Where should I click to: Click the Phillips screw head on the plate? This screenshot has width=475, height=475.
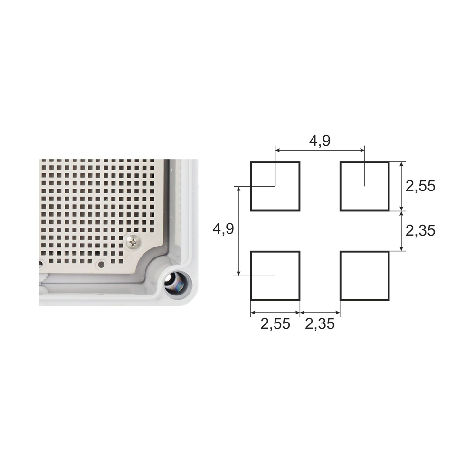tap(134, 243)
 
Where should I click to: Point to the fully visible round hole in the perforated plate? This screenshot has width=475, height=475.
tap(100, 264)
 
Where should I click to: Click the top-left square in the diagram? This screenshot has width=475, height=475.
tap(275, 186)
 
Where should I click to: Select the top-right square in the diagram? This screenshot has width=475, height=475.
tap(364, 186)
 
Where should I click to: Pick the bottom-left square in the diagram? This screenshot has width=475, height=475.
tap(275, 275)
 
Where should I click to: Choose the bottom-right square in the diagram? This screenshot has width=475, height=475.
tap(364, 275)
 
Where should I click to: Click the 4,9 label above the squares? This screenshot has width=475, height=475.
tap(320, 141)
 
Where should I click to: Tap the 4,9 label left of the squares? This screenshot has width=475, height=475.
tap(223, 229)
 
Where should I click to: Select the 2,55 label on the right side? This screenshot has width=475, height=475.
tap(420, 186)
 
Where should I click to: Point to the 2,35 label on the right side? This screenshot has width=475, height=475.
tap(420, 230)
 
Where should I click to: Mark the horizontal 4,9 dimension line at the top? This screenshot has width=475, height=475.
tap(320, 150)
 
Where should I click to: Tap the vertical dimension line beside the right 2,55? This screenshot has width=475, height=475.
tap(402, 186)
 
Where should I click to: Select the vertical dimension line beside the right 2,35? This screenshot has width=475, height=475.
tap(402, 231)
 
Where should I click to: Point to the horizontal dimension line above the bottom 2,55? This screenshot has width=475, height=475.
tap(275, 313)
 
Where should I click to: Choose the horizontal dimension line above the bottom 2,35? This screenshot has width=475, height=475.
tap(320, 313)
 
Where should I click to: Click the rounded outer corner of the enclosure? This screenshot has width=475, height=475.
tap(192, 299)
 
